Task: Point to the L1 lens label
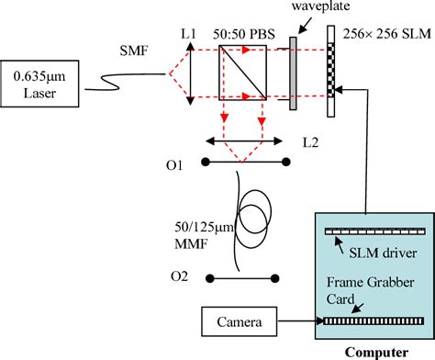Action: tap(188, 33)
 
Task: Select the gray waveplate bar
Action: tap(292, 73)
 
